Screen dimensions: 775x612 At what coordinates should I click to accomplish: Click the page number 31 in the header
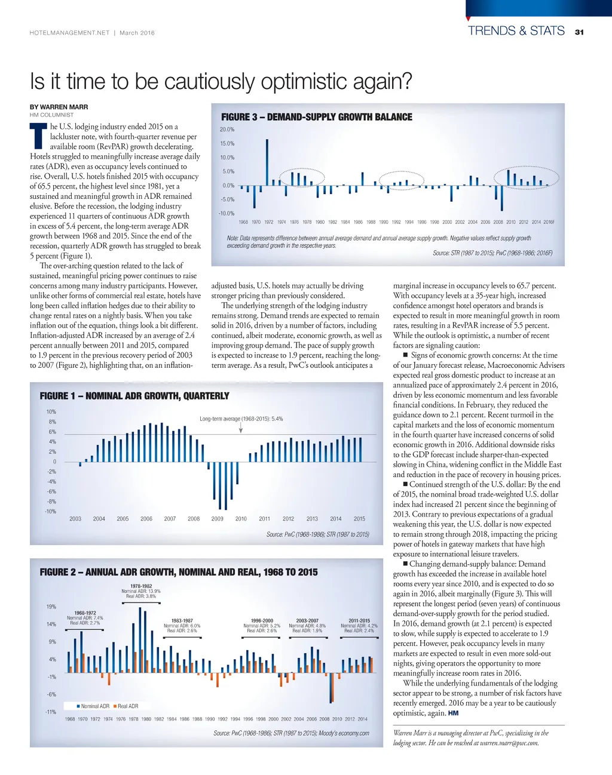tap(579, 32)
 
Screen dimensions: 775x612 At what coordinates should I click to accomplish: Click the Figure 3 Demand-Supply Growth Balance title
tap(317, 117)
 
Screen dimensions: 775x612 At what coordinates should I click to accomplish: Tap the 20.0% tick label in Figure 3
tap(227, 130)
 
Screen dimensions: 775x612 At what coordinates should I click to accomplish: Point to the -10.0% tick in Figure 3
tap(227, 213)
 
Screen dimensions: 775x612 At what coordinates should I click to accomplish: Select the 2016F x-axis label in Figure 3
tap(549, 222)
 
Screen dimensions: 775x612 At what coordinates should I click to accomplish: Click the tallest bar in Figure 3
tap(267, 162)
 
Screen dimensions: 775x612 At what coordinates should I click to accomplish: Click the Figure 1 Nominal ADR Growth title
tap(134, 396)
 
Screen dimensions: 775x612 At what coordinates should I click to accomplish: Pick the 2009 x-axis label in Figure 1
tap(218, 519)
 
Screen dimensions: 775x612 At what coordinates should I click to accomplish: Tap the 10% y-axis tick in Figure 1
tap(51, 412)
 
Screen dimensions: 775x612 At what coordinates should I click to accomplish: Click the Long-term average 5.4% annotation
tap(241, 419)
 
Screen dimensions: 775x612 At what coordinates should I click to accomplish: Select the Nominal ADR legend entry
tap(93, 706)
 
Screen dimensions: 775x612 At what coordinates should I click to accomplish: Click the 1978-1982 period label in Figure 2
tap(141, 586)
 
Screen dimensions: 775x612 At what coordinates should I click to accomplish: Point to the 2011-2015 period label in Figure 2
tap(359, 621)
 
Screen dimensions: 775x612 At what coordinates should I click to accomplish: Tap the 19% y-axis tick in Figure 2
tap(51, 607)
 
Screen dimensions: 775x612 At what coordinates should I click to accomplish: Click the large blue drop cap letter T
tap(38, 136)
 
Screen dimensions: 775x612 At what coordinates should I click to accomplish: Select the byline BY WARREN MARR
tap(59, 107)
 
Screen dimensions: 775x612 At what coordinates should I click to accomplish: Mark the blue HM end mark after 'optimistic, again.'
tap(453, 713)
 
